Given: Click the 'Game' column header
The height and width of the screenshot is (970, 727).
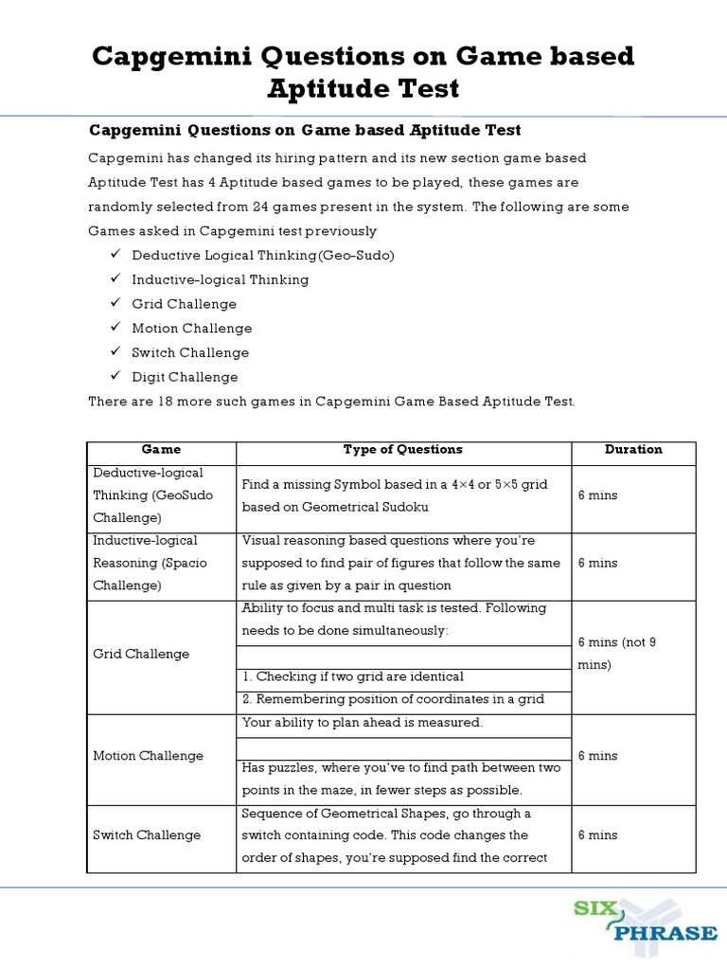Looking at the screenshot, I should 161,450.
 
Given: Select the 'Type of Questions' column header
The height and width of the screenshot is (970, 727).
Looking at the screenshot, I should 402,450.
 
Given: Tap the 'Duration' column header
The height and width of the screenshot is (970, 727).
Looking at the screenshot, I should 633,450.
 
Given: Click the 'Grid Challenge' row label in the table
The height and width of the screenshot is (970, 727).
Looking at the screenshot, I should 141,655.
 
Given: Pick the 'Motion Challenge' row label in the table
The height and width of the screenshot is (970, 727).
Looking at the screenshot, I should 148,756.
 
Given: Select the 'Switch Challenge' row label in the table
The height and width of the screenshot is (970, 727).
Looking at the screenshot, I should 147,835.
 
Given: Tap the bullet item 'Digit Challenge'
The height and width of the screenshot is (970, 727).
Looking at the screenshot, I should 185,377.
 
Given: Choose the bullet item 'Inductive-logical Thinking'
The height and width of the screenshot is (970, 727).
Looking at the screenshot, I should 220,280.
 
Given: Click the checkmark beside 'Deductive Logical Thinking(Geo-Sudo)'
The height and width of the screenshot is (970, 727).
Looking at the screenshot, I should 115,255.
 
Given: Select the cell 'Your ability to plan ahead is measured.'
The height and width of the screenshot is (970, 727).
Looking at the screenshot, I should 363,723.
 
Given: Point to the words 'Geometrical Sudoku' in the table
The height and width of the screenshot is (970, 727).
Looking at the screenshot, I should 368,507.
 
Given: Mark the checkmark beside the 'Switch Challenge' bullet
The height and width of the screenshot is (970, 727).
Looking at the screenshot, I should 115,352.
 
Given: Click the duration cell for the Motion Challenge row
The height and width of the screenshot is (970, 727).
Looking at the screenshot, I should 597,756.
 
